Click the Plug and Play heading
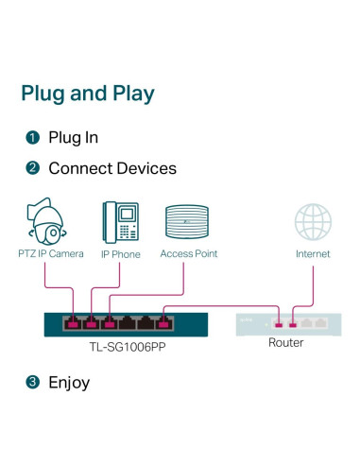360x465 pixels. [88, 94]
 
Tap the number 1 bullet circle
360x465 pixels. [33, 138]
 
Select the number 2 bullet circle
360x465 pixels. [33, 168]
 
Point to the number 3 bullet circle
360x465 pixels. [33, 382]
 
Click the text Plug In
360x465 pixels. [73, 138]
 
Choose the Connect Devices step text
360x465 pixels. [112, 168]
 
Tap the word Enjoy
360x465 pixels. [69, 383]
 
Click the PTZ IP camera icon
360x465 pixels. [46, 221]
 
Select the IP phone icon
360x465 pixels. [121, 222]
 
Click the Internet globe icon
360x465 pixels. [313, 222]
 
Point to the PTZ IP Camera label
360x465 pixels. [51, 253]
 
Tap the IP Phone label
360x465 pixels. [121, 254]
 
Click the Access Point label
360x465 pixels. [189, 253]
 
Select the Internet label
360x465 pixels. [313, 254]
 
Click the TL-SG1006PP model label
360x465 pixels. [128, 347]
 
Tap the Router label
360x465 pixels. [286, 342]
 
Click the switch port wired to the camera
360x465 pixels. [73, 323]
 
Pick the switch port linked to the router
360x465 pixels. [163, 323]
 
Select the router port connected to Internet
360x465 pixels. [293, 324]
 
